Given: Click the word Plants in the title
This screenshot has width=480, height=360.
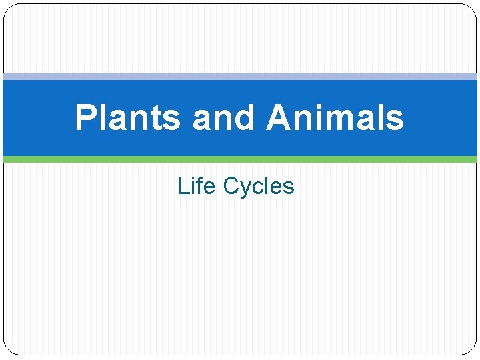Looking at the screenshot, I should pyautogui.click(x=127, y=118).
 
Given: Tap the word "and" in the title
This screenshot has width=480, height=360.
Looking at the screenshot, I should pyautogui.click(x=223, y=118).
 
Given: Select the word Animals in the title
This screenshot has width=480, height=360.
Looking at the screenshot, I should pyautogui.click(x=335, y=118).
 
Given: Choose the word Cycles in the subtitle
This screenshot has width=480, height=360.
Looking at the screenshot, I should pyautogui.click(x=259, y=186).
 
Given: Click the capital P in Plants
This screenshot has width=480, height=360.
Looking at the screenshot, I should pyautogui.click(x=85, y=118).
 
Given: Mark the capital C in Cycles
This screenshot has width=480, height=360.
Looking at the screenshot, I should pyautogui.click(x=231, y=186).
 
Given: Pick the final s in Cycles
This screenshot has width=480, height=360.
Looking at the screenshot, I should pyautogui.click(x=289, y=187).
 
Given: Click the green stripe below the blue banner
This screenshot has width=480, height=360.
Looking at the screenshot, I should pyautogui.click(x=240, y=159).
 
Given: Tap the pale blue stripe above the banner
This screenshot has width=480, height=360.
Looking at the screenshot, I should pyautogui.click(x=240, y=76).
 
